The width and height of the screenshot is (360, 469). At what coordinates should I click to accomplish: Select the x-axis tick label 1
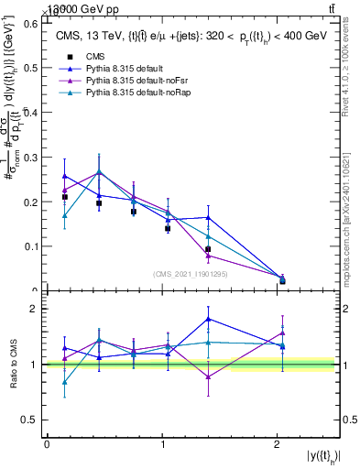point(162,444)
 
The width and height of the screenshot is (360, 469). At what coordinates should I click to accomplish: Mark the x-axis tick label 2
point(278,444)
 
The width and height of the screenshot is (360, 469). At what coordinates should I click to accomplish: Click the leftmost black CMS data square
point(64,197)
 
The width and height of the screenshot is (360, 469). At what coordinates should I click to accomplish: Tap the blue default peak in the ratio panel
point(209,319)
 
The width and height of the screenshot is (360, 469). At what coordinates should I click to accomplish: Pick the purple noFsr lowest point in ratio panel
point(209,376)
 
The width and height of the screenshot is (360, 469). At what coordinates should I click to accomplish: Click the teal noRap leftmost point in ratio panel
point(64,383)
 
